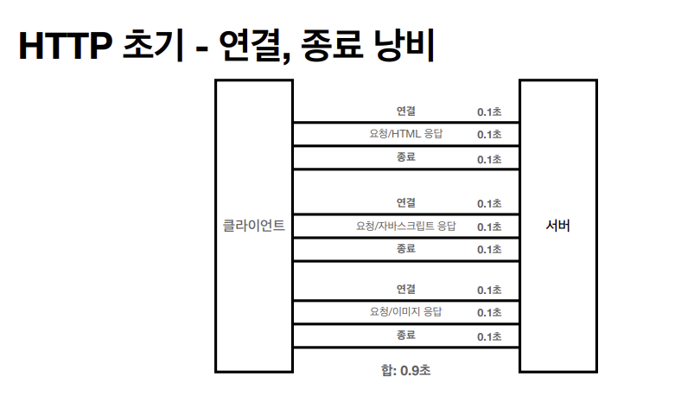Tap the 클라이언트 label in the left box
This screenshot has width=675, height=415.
[x=254, y=227]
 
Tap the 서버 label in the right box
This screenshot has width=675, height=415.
[x=558, y=227]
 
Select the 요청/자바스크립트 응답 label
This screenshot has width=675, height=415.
[x=406, y=227]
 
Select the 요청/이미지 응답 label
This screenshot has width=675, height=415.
[x=406, y=311]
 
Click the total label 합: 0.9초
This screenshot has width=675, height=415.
[x=406, y=371]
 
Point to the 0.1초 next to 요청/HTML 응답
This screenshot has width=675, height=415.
[x=489, y=135]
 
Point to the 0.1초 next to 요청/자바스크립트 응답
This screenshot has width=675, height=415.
[x=489, y=227]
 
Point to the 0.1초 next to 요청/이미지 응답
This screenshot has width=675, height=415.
[x=489, y=312]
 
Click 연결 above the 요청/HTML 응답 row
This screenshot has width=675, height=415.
[x=406, y=111]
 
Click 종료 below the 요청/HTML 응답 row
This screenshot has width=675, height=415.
[x=406, y=157]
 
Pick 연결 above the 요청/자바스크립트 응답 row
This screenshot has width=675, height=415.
[x=406, y=203]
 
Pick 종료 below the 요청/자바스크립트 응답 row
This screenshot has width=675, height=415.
[x=406, y=248]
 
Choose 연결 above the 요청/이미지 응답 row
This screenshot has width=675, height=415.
[x=406, y=289]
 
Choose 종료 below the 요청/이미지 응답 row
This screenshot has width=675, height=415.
[x=406, y=335]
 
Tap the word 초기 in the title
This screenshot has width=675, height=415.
[x=147, y=47]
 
